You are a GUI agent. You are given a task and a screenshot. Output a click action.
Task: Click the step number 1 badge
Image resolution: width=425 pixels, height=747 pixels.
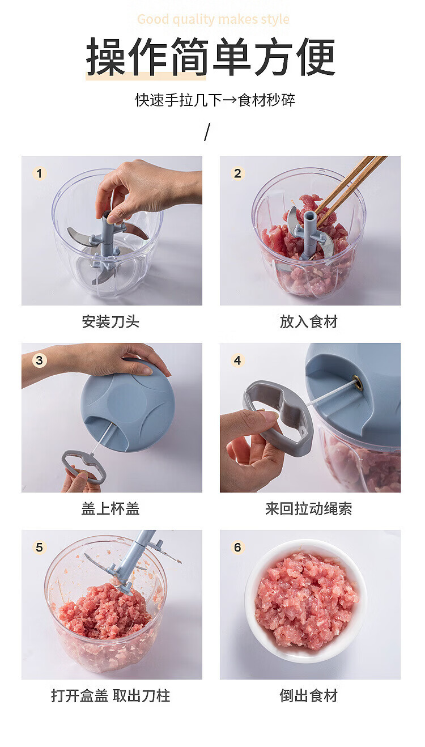pyautogui.click(x=39, y=173)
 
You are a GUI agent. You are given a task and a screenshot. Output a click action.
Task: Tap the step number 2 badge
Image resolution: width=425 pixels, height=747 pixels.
pyautogui.click(x=237, y=173)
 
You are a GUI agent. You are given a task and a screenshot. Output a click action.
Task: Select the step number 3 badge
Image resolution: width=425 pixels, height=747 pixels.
pyautogui.click(x=39, y=360)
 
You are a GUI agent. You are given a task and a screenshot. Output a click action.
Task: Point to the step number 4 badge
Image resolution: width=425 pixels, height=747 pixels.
pyautogui.click(x=237, y=360)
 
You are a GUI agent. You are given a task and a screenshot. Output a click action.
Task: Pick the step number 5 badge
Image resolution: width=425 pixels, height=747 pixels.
pyautogui.click(x=39, y=547)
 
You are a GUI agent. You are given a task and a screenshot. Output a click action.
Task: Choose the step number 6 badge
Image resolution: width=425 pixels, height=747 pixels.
pyautogui.click(x=237, y=547)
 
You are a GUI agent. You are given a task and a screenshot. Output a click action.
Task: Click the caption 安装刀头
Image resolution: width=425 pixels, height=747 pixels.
pyautogui.click(x=110, y=322)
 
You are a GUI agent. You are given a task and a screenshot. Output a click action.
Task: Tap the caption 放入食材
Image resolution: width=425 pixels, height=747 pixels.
pyautogui.click(x=309, y=322)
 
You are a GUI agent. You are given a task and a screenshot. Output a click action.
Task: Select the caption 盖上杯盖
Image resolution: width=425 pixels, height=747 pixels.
pyautogui.click(x=110, y=509)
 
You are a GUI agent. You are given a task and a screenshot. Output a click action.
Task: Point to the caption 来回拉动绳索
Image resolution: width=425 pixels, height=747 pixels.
pyautogui.click(x=309, y=509)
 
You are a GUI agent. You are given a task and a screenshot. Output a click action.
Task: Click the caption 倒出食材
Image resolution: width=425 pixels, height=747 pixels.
pyautogui.click(x=309, y=696)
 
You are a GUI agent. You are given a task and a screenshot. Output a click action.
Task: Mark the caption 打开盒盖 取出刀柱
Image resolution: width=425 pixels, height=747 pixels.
pyautogui.click(x=110, y=696)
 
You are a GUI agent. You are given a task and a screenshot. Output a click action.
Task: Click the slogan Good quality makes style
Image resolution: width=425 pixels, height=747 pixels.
pyautogui.click(x=213, y=19)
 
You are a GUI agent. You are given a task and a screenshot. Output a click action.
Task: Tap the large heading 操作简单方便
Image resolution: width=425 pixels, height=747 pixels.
pyautogui.click(x=211, y=57)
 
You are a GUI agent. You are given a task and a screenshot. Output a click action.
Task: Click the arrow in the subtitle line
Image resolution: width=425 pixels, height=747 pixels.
pyautogui.click(x=229, y=100)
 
